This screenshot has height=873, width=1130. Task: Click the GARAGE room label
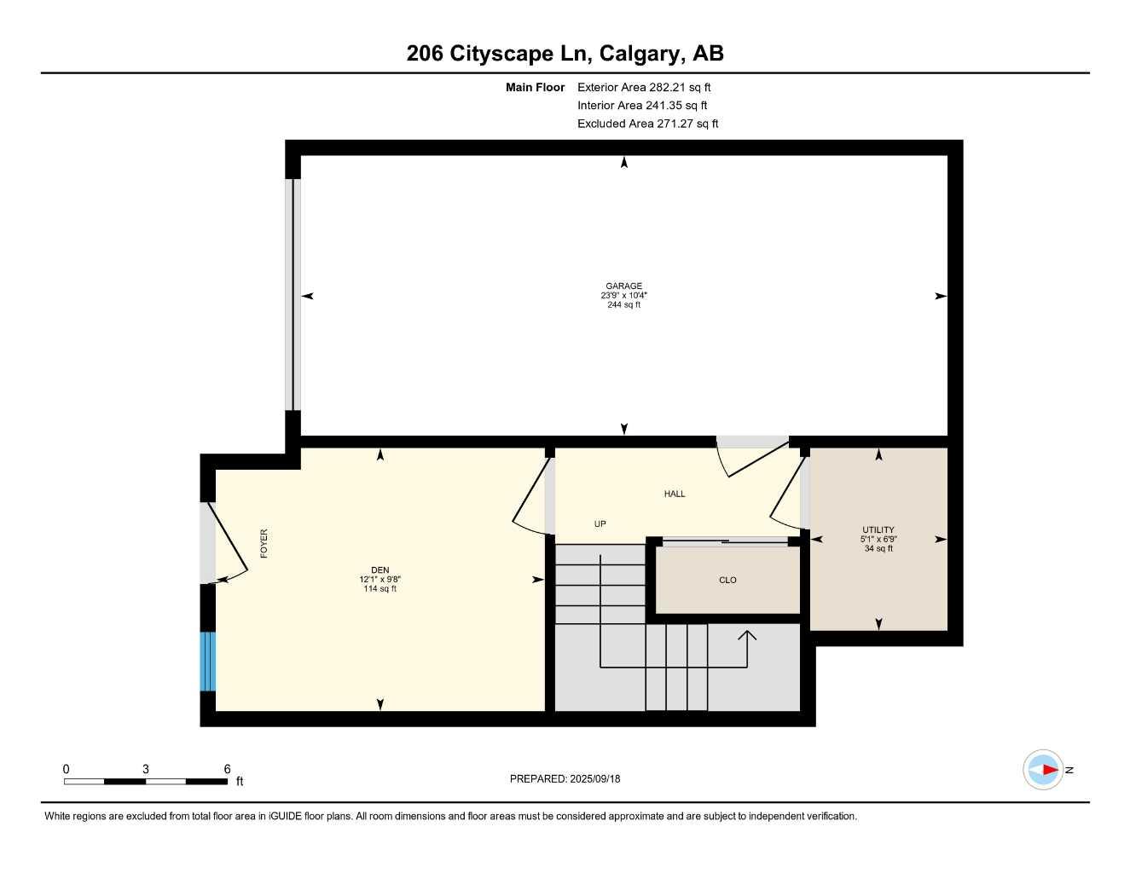pyautogui.click(x=623, y=286)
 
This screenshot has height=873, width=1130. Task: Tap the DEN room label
pyautogui.click(x=380, y=569)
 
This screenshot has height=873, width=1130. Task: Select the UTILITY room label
pyautogui.click(x=878, y=529)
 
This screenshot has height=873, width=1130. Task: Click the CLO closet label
pyautogui.click(x=727, y=580)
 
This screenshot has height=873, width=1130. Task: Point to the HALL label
pyautogui.click(x=675, y=494)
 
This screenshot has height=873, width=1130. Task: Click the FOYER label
pyautogui.click(x=264, y=544)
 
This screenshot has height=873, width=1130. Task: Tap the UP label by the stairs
pyautogui.click(x=600, y=523)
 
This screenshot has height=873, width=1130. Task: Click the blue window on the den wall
pyautogui.click(x=207, y=662)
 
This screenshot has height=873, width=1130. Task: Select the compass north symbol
pyautogui.click(x=1044, y=770)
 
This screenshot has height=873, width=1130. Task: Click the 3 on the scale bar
pyautogui.click(x=146, y=769)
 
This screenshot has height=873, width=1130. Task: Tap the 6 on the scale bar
pyautogui.click(x=227, y=769)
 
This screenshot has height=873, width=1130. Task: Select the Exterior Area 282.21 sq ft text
pyautogui.click(x=644, y=87)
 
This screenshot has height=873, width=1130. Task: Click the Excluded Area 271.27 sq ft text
pyautogui.click(x=647, y=124)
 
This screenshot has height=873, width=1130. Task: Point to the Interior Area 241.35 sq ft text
pyautogui.click(x=642, y=106)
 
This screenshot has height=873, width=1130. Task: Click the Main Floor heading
pyautogui.click(x=535, y=87)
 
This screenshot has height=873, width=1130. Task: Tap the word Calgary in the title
pyautogui.click(x=639, y=54)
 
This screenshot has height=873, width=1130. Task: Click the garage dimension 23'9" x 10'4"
pyautogui.click(x=623, y=296)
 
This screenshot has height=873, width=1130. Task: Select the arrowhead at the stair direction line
pyautogui.click(x=747, y=634)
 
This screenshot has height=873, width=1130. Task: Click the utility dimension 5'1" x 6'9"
pyautogui.click(x=878, y=539)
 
